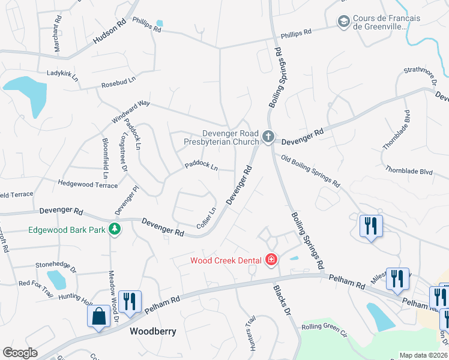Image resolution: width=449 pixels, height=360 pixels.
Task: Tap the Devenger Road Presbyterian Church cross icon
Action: (x=268, y=138)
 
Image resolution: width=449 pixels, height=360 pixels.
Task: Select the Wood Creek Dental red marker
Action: (x=271, y=260)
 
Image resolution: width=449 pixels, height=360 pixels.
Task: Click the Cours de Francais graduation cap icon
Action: (x=343, y=22)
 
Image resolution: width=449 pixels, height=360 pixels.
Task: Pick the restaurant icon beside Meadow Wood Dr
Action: (x=130, y=302)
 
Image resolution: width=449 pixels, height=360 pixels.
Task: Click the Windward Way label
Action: (x=130, y=112)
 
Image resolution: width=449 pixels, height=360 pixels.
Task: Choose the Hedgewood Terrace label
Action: (x=88, y=184)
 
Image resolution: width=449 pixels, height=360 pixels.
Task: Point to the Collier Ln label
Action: (x=206, y=218)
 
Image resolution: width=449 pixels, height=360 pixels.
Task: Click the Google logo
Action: (x=20, y=353)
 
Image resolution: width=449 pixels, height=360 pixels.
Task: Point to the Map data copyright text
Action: (x=423, y=355)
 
